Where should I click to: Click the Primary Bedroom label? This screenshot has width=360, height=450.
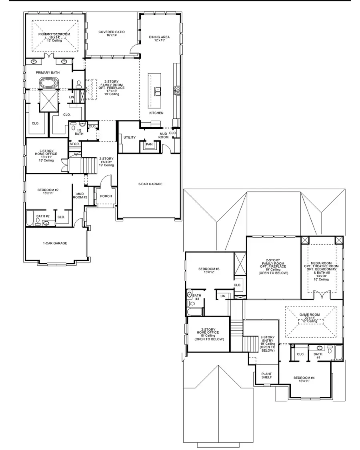(54, 34)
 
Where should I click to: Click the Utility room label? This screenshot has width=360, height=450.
(129, 138)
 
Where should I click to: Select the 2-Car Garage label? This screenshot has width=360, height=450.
(150, 184)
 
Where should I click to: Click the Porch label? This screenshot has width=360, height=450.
(106, 196)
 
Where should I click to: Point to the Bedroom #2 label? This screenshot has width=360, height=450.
(48, 191)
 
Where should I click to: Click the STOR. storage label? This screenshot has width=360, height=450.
(74, 144)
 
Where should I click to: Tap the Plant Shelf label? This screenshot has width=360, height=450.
(266, 375)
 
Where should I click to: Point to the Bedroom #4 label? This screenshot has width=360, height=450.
(304, 379)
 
